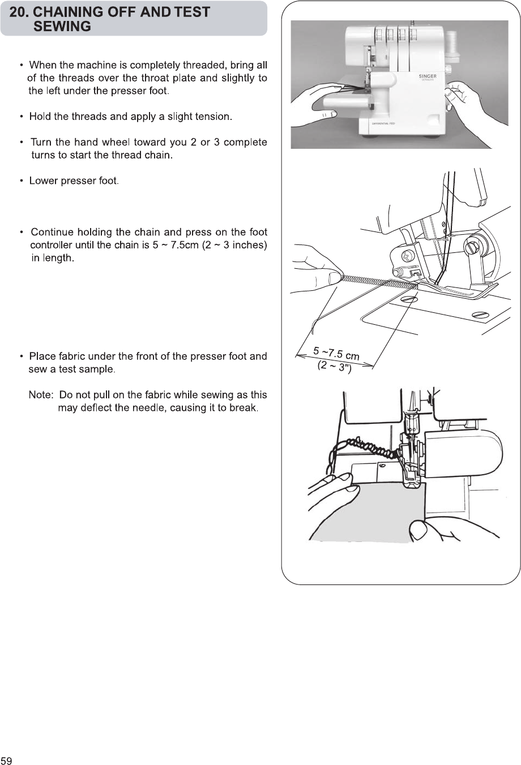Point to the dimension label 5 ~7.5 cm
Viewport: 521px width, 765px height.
[336, 353]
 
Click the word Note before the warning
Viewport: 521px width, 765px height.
[40, 395]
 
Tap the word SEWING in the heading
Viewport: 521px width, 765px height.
[62, 27]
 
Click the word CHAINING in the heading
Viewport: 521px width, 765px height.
[71, 12]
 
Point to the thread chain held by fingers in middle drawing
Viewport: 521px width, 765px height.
[374, 281]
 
